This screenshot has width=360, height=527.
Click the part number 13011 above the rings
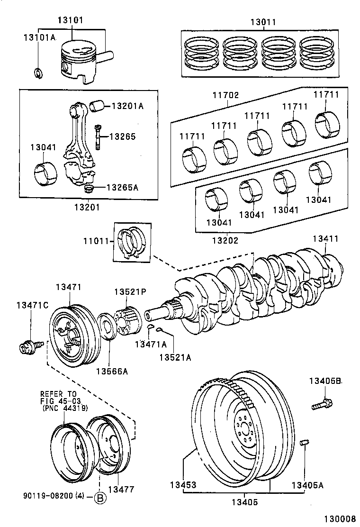pyautogui.click(x=263, y=22)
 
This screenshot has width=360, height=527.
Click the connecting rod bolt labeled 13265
pyautogui.click(x=98, y=136)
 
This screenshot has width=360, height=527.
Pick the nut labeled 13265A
pyautogui.click(x=88, y=190)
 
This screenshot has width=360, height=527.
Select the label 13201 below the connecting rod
pyautogui.click(x=87, y=207)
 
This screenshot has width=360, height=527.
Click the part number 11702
pyautogui.click(x=225, y=95)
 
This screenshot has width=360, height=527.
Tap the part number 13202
pyautogui.click(x=225, y=240)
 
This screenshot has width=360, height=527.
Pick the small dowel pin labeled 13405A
pyautogui.click(x=305, y=444)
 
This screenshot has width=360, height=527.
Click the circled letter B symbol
pyautogui.click(x=100, y=498)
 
